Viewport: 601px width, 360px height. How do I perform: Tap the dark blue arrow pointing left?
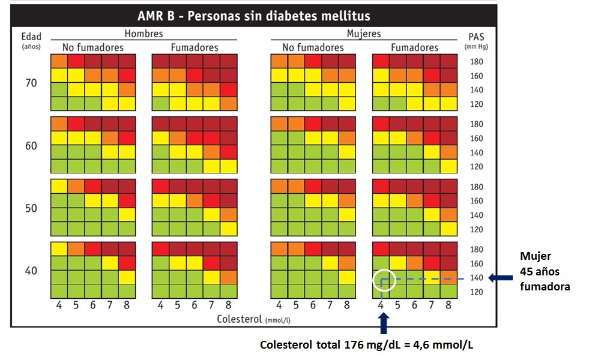498,277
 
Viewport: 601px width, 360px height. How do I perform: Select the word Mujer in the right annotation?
536,256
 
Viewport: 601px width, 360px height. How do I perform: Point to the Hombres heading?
143,34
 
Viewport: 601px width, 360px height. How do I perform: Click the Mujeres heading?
364,34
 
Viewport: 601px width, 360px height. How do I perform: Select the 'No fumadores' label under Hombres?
92,47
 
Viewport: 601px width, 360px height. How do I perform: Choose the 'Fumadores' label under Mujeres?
415,47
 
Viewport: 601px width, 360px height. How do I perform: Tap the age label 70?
31,83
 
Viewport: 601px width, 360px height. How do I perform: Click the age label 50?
31,208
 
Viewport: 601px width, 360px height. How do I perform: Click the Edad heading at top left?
31,37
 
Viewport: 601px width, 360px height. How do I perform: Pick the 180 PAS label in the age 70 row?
476,62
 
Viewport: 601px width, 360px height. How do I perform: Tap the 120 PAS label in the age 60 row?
476,167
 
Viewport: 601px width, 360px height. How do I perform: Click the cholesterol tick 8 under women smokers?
448,305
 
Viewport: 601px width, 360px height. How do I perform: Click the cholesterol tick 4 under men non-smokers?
59,305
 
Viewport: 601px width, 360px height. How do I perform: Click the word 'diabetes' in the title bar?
303,16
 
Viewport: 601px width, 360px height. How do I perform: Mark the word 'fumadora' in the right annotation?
545,287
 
